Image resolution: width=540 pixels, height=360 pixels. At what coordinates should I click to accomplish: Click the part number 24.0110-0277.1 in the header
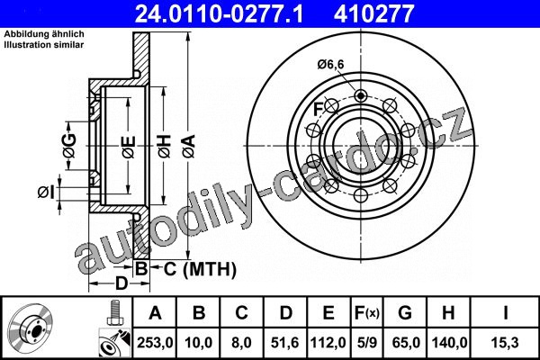[219, 13]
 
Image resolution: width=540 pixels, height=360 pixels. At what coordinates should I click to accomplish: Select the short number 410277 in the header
[373, 13]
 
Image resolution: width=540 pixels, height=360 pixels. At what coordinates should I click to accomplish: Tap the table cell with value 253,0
[155, 343]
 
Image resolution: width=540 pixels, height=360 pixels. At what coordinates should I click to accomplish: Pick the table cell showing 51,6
[284, 343]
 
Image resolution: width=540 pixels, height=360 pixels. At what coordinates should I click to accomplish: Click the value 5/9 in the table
[367, 343]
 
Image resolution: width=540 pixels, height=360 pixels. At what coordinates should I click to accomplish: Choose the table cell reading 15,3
[505, 343]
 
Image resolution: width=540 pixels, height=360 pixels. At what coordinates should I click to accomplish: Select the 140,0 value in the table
[449, 343]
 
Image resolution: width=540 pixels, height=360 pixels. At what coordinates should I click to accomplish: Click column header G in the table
[405, 313]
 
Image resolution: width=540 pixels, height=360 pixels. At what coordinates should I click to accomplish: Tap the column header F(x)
[367, 313]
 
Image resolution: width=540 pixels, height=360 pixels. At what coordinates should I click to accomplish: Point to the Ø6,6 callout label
[330, 65]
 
